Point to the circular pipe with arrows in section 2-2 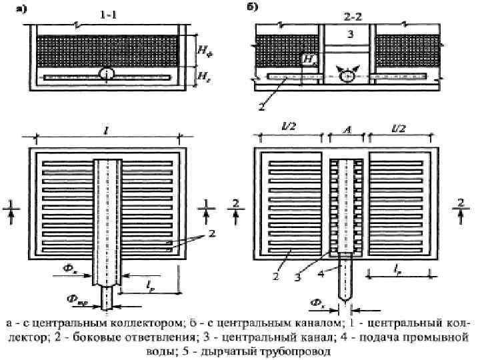(x=345, y=76)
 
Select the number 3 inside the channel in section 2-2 (x=346, y=34)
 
